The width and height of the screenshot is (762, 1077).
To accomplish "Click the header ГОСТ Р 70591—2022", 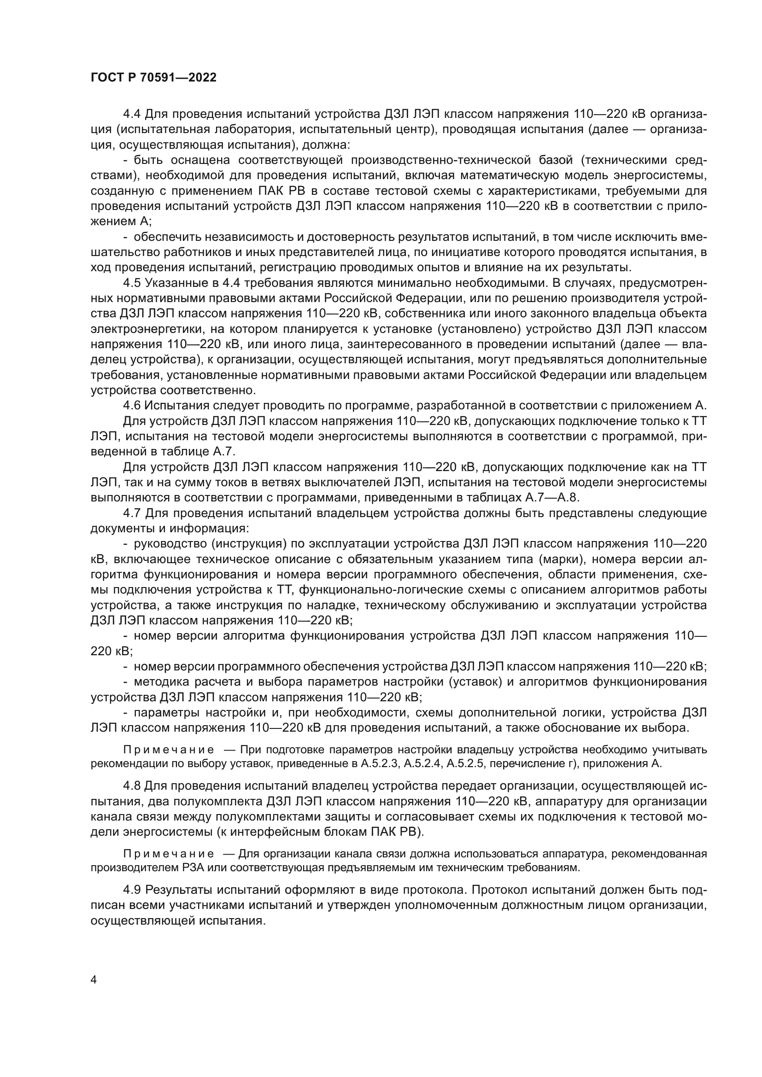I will coord(153,78).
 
